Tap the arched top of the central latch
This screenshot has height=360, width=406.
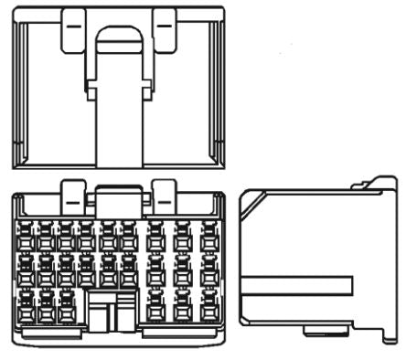(119, 37)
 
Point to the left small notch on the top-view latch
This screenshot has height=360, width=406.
(90, 89)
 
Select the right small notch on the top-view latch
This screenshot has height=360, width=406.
(147, 89)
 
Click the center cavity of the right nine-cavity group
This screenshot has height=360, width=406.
(183, 270)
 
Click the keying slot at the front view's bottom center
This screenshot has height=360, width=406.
(110, 315)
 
